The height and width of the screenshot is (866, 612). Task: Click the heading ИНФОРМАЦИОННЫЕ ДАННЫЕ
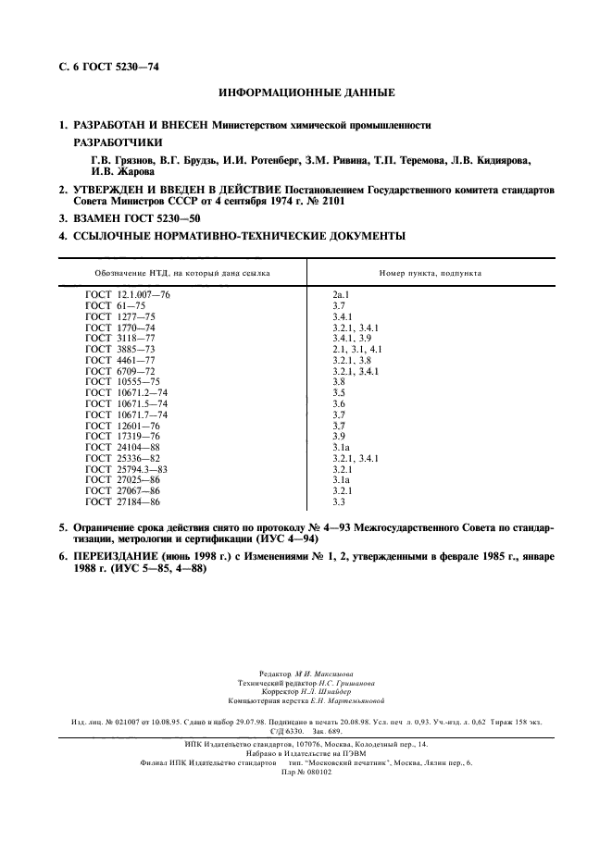click(306, 93)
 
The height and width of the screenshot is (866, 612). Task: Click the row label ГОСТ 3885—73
click(120, 350)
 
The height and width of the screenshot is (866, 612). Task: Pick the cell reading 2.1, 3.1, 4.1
click(356, 350)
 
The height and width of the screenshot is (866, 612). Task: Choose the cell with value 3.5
click(339, 391)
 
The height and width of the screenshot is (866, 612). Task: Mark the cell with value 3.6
click(339, 403)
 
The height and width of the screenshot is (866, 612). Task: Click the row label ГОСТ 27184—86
click(122, 501)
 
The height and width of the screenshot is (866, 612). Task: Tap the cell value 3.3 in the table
click(339, 501)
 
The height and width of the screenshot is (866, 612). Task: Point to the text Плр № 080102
click(306, 772)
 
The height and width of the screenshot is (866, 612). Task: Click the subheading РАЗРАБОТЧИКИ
click(118, 142)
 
